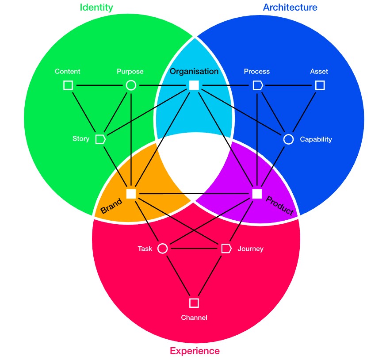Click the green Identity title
[96, 8]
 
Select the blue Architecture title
[290, 8]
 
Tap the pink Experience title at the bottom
[195, 351]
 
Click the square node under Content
[68, 85]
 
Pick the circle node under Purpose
[131, 85]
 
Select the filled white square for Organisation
[194, 85]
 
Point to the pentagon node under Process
[257, 85]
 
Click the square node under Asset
[320, 85]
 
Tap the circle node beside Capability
[288, 139]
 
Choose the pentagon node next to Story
[100, 139]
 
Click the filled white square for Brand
[131, 194]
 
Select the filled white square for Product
[257, 194]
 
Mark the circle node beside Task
[163, 249]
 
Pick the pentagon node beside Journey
[226, 249]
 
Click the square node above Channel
[194, 303]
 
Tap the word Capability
[316, 139]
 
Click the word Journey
[250, 249]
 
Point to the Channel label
[194, 318]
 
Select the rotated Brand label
[111, 207]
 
